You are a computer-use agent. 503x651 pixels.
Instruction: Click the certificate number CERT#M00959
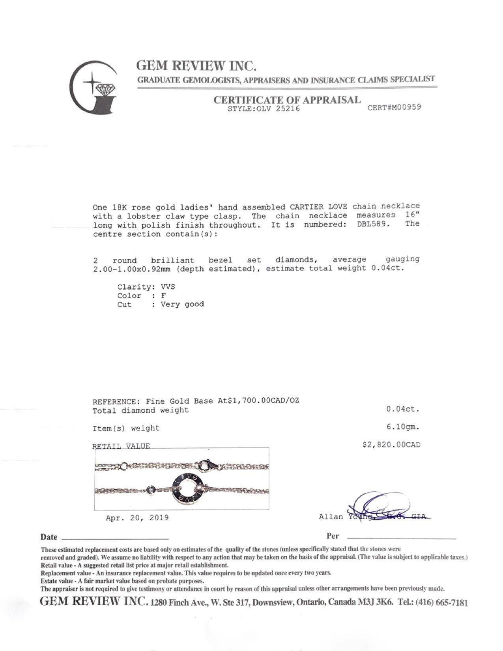(x=394, y=107)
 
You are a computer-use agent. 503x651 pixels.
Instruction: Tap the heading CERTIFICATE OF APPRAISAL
(x=287, y=100)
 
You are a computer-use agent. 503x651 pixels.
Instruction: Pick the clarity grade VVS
(x=168, y=287)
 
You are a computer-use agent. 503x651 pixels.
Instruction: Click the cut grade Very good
(x=182, y=304)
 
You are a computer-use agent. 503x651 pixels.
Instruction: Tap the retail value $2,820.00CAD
(x=391, y=445)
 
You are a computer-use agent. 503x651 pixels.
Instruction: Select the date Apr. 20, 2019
(x=137, y=518)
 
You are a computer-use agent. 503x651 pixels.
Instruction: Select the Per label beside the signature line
(x=333, y=536)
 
